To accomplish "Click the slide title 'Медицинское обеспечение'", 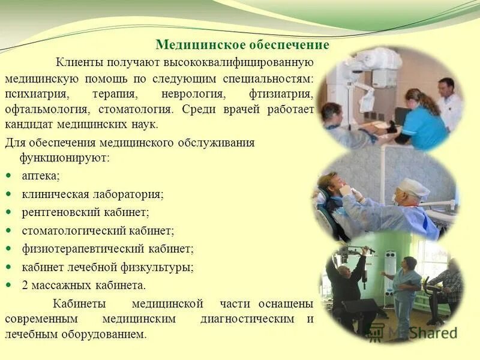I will tap(242, 45).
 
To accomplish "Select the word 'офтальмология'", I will tap(41, 110).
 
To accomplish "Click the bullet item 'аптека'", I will tap(41, 176).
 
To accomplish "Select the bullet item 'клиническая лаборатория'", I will tap(92, 194).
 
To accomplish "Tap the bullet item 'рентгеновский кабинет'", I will tap(85, 212).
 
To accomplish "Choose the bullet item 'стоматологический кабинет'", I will tap(98, 230).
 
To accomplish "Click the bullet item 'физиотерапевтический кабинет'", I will tap(107, 248).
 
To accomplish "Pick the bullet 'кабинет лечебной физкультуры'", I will tap(107, 266).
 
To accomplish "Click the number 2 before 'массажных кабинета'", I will tap(25, 284).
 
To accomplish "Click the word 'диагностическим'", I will tap(247, 319).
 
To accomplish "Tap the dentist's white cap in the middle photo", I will tap(415, 188).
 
